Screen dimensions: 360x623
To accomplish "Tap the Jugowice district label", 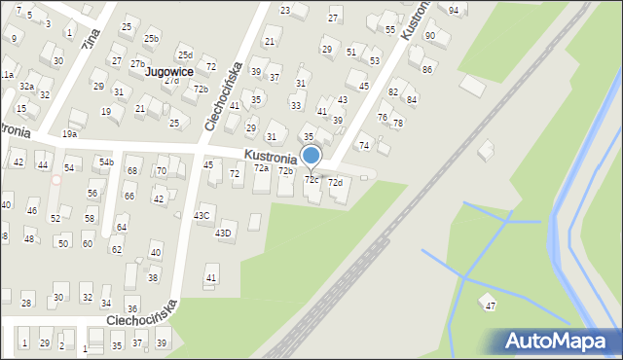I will (168, 72).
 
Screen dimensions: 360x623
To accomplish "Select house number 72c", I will (312, 180).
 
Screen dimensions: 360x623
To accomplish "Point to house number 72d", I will (335, 183).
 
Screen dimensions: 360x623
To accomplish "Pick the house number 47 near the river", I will (491, 306).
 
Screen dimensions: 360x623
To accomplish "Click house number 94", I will (454, 10).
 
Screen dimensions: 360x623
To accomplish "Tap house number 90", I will (430, 36).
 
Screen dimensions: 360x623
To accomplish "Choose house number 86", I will (426, 70).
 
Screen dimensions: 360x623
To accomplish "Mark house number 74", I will (364, 146).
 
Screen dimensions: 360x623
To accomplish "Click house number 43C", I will (202, 216).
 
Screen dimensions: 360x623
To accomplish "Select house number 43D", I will (223, 233).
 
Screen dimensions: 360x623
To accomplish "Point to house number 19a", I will (69, 134).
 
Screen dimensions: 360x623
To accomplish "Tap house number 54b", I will (106, 162).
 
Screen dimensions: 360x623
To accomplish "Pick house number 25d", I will (185, 55).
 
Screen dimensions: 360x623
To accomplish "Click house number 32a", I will (27, 87).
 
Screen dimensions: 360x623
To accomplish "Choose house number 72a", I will (261, 168).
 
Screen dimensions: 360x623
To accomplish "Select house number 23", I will (285, 11).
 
